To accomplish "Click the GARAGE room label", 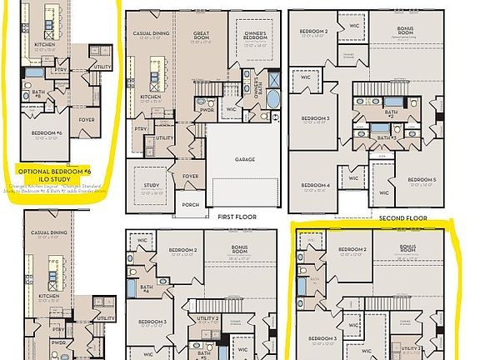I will coord(244,159).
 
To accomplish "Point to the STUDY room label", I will coord(150,185).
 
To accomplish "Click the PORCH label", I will coord(190,204).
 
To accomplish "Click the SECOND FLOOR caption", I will coord(402,218).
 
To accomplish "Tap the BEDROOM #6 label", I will coord(47,132).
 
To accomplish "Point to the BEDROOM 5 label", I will coord(422,179).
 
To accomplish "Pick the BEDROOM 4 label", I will coord(316,184).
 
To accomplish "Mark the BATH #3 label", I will coord(385,137).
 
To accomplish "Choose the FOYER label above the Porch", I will coord(190,177).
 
